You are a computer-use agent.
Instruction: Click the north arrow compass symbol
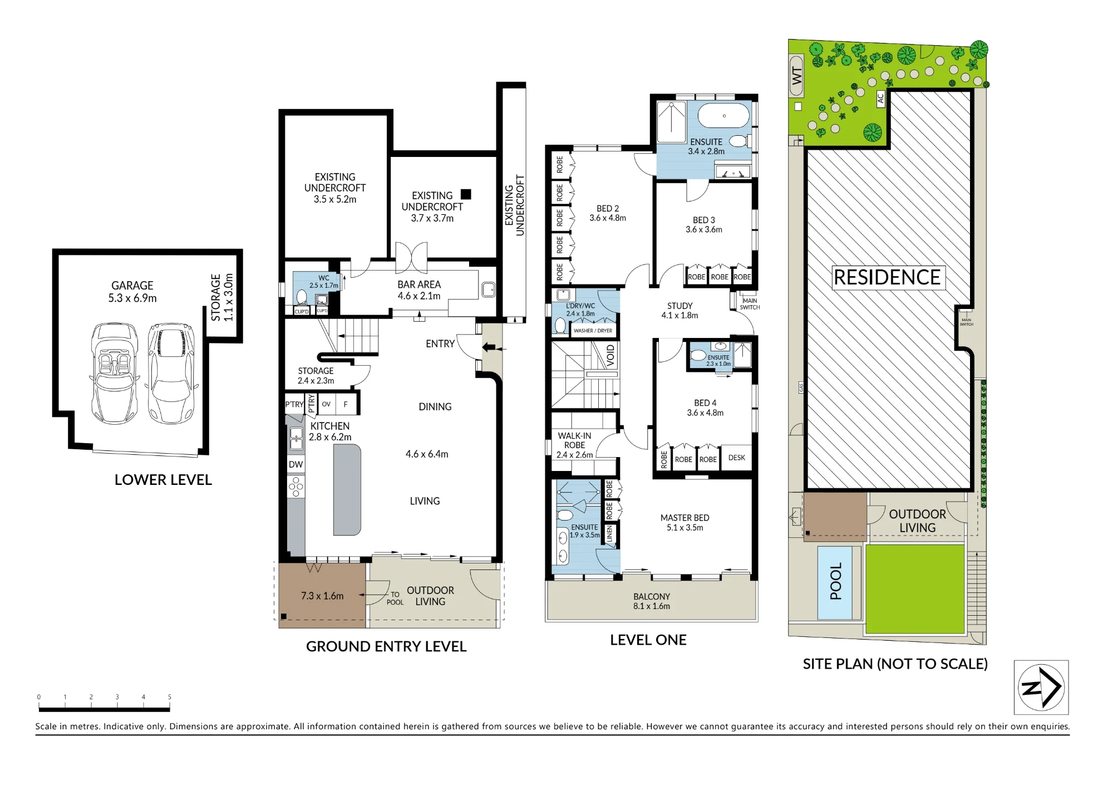[x=1041, y=687]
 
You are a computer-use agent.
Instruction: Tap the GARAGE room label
[x=132, y=286]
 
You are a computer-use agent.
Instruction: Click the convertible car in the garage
[x=115, y=373]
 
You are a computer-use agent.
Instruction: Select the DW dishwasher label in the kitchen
[x=296, y=464]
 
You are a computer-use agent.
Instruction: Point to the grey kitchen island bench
[x=347, y=490]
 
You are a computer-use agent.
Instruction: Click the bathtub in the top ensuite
[x=723, y=116]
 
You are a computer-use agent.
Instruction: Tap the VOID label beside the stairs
[x=610, y=355]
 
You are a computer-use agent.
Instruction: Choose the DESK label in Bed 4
[x=736, y=458]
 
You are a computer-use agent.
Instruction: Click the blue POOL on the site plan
[x=835, y=582]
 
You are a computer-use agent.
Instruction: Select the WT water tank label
[x=797, y=75]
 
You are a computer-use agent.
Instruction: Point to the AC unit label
[x=880, y=99]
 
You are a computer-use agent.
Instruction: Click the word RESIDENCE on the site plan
[x=887, y=277]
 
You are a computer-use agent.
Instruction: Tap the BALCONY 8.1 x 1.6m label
[x=652, y=601]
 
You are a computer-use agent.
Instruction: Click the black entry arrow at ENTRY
[x=488, y=348]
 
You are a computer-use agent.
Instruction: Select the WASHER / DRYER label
[x=593, y=331]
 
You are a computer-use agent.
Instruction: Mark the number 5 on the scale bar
[x=170, y=697]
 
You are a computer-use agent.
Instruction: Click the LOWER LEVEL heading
[x=163, y=480]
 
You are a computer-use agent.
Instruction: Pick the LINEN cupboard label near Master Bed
[x=609, y=534]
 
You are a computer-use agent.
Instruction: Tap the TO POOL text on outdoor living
[x=395, y=598]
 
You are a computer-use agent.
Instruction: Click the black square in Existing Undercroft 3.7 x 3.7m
[x=466, y=194]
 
